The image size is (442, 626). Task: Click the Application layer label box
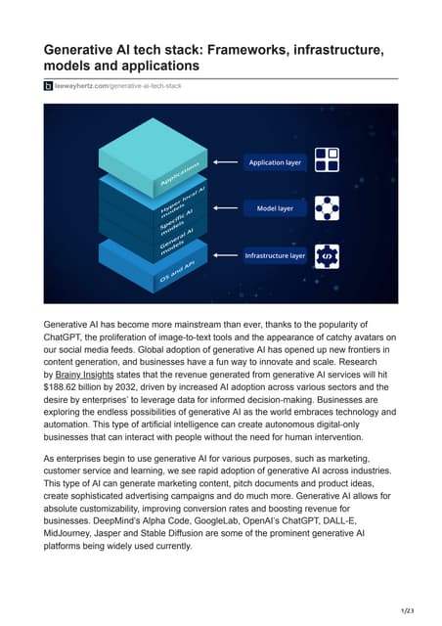click(x=275, y=162)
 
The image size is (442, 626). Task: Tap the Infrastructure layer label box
click(x=275, y=255)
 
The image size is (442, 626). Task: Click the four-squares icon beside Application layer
click(x=326, y=160)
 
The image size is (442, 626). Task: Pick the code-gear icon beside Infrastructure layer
click(x=326, y=255)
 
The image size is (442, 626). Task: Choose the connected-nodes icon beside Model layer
click(x=326, y=208)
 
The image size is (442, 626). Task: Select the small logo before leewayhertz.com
click(x=49, y=86)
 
